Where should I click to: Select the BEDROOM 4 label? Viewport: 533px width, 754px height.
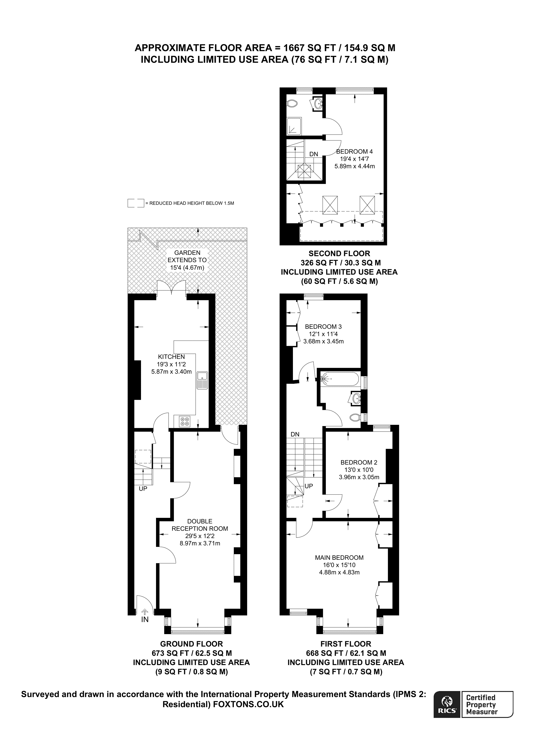354,151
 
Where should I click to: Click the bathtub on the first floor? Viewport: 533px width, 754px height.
340,379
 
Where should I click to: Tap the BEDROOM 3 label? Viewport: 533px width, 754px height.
323,326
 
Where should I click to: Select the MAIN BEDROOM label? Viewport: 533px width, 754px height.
339,557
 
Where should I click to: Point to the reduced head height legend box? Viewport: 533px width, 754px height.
136,203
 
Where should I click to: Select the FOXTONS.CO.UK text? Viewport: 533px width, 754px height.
249,713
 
